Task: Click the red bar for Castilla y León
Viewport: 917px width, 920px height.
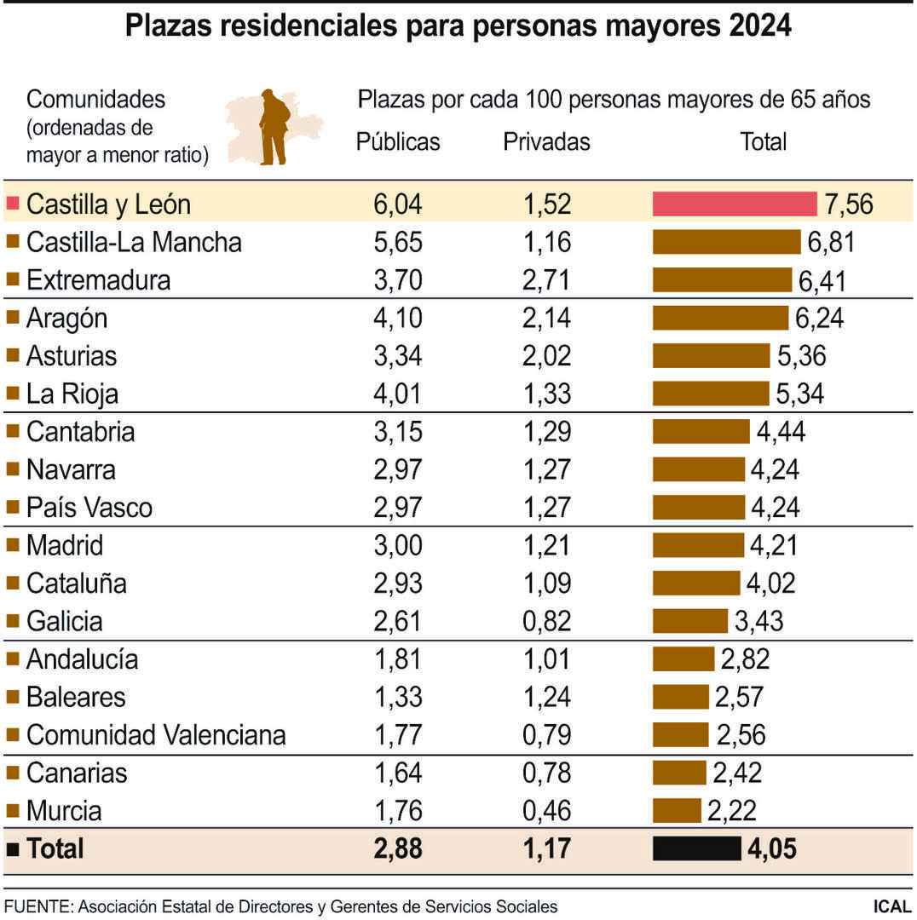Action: [735, 204]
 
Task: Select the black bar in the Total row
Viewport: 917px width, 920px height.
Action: [696, 848]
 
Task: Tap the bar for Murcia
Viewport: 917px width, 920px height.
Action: [677, 810]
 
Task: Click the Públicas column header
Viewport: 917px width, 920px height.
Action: [398, 141]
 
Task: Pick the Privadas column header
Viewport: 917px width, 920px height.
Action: [546, 141]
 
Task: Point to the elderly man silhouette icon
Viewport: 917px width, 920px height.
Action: [274, 127]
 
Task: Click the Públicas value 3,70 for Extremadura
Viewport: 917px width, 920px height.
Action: [398, 280]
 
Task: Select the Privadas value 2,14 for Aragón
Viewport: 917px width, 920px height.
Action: [546, 319]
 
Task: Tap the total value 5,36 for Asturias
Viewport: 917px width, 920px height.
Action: [801, 356]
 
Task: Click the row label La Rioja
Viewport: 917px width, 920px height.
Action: [72, 394]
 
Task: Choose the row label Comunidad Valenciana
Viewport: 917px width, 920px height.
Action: [156, 734]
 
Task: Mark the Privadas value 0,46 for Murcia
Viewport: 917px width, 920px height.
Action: [546, 810]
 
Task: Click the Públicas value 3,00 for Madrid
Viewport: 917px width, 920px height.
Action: [398, 545]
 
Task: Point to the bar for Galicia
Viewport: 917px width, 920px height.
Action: [690, 621]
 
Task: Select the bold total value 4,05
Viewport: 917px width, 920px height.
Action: [772, 848]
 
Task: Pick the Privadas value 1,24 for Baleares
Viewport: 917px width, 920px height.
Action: [546, 697]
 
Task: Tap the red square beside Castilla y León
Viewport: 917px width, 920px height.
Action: [13, 204]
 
